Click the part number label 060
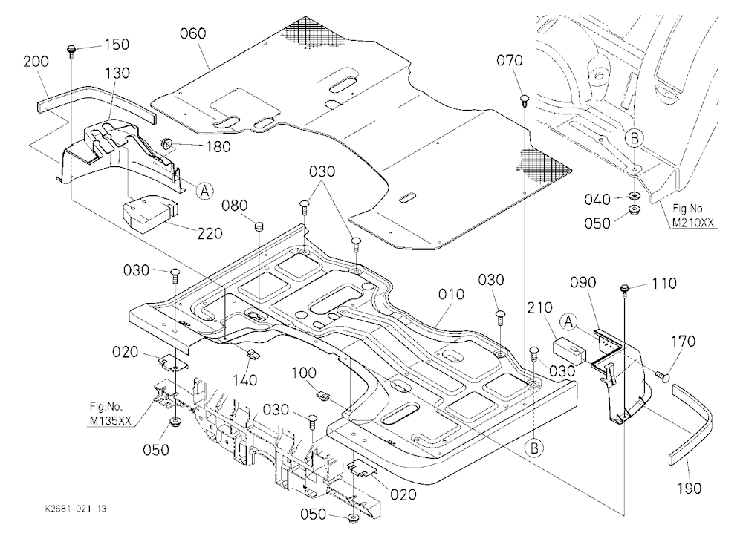tap(193, 33)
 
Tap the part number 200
tap(36, 62)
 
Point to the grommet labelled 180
tap(166, 143)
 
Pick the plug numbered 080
tap(259, 226)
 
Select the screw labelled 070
tap(525, 101)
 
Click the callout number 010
tap(451, 295)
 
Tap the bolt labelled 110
tap(625, 290)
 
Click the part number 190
tap(689, 488)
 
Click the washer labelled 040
tap(633, 195)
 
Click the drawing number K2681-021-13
tap(76, 509)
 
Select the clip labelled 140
tap(253, 353)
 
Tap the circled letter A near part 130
tap(205, 191)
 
